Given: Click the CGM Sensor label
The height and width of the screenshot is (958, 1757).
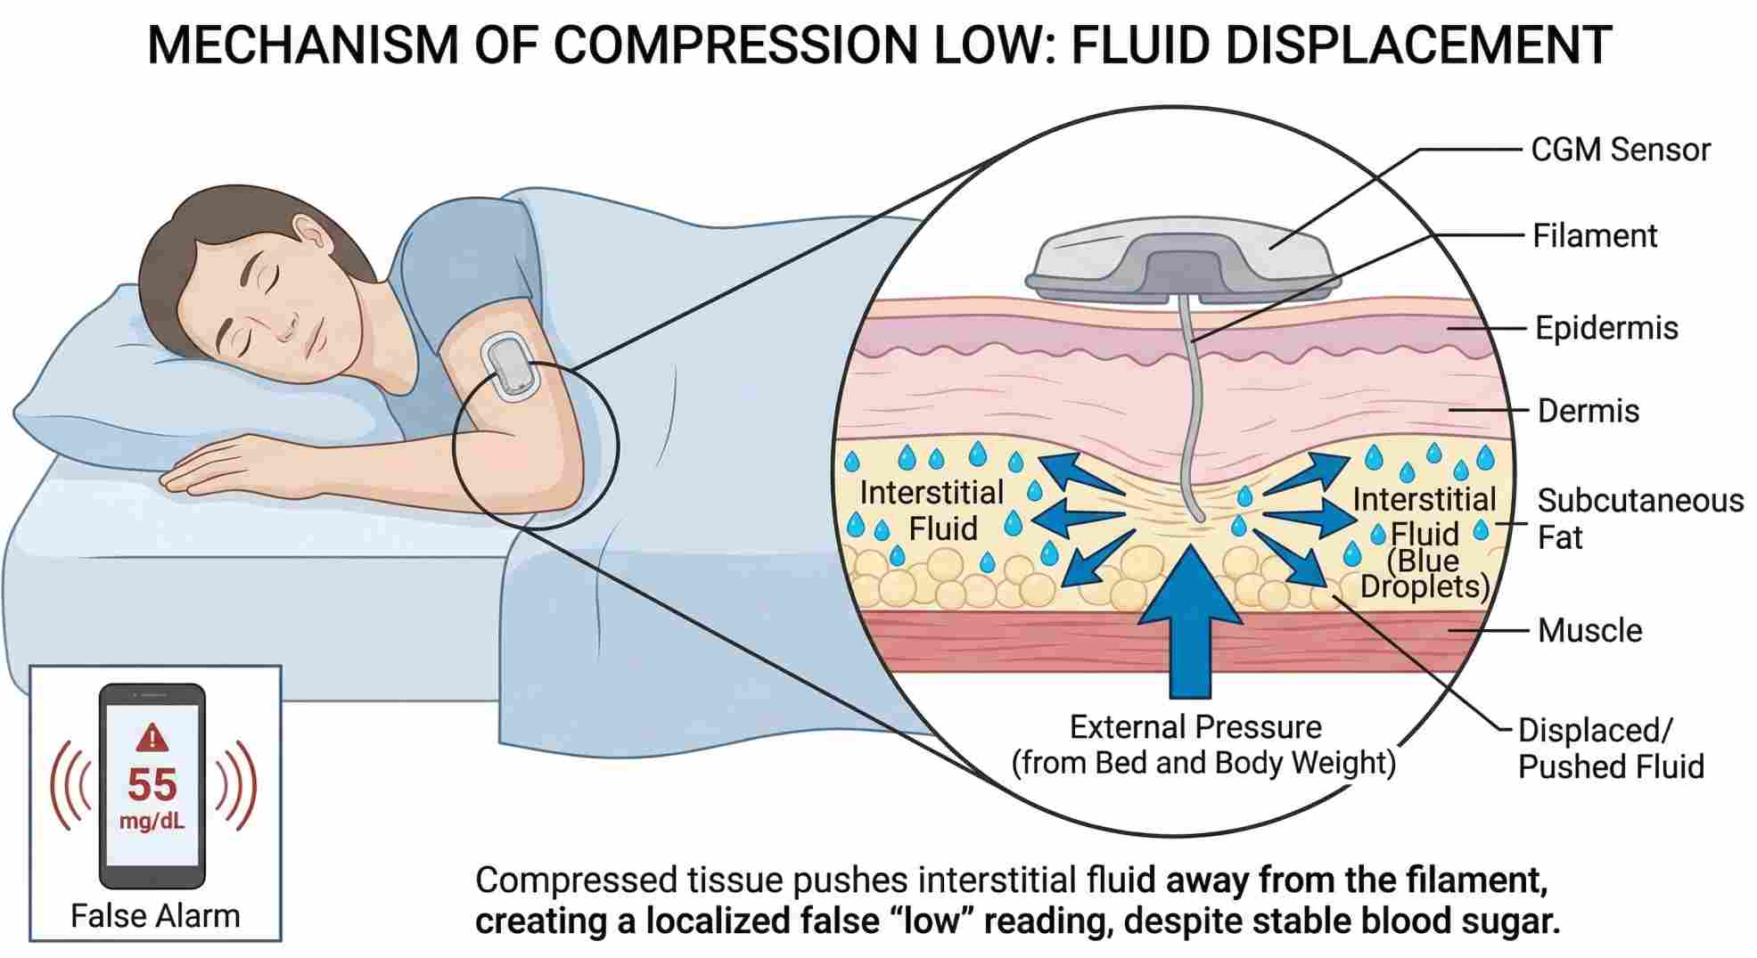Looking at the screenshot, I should tap(1620, 150).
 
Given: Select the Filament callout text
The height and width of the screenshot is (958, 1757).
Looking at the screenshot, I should tap(1594, 236).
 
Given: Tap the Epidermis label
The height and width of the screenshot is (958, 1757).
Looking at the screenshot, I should tap(1605, 328).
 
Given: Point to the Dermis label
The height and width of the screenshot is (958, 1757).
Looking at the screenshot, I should tap(1588, 411).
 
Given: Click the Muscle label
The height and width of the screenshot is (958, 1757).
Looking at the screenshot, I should tap(1589, 631).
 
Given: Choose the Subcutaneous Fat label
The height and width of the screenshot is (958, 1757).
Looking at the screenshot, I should tap(1638, 519).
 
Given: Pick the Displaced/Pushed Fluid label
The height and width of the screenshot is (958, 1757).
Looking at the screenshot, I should tap(1610, 749).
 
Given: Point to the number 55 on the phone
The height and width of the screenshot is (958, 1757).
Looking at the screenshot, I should tap(152, 785).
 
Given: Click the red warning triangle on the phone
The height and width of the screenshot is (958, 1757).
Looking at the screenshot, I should tap(152, 737).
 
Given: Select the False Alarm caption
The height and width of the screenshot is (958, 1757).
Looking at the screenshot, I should tap(155, 916).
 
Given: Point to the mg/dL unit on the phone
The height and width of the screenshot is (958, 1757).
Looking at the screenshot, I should tap(152, 821).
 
